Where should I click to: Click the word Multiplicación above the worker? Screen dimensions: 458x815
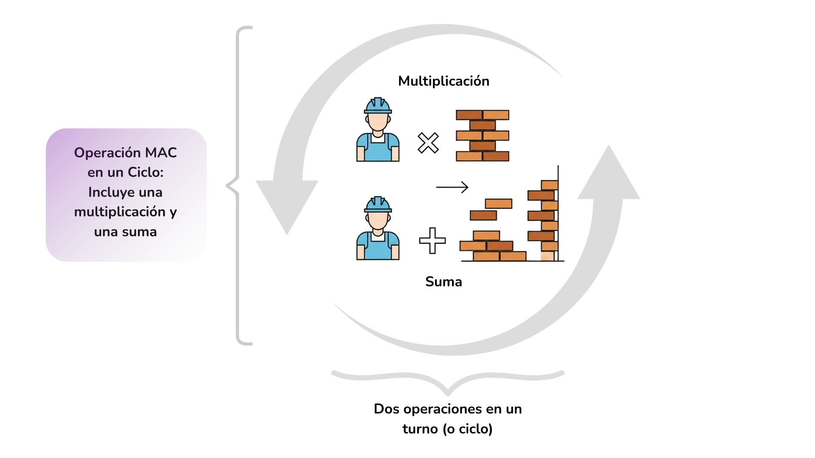[444, 81]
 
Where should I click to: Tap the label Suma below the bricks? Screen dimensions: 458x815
[444, 282]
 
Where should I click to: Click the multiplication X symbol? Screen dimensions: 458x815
[428, 143]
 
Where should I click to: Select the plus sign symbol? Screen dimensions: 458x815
[432, 240]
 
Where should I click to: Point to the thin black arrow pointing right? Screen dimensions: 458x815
[452, 187]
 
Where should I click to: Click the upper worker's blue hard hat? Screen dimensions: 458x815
[378, 106]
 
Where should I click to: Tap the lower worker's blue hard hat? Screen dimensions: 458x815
[378, 205]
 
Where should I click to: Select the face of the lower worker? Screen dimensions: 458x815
[378, 221]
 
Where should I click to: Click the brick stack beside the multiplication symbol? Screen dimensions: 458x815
[483, 136]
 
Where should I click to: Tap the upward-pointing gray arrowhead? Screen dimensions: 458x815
[609, 174]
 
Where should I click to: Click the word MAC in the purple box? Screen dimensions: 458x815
[161, 153]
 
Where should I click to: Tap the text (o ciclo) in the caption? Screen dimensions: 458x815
[467, 429]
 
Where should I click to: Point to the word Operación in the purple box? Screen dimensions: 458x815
[107, 153]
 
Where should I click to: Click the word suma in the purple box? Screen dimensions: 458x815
[139, 232]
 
